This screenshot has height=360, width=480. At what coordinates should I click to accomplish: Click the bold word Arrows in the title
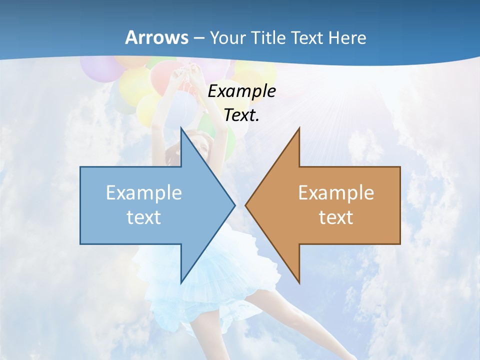tap(157, 37)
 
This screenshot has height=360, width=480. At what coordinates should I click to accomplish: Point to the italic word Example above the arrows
tap(241, 91)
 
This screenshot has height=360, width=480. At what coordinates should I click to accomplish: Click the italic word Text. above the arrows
tap(241, 115)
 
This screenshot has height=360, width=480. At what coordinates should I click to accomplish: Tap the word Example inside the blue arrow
tap(144, 193)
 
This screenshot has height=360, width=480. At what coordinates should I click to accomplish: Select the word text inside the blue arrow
tap(144, 217)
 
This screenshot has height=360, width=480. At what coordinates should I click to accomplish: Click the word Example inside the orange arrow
tap(336, 193)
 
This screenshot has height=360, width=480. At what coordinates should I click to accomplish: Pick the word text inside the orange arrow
tap(336, 217)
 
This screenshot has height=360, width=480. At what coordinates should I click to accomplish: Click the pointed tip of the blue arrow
tap(234, 205)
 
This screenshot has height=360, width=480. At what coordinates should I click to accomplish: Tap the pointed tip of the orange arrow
tap(246, 205)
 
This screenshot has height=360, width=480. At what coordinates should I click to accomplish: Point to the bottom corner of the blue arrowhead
tap(181, 282)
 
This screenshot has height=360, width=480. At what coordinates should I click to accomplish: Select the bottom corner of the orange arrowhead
tap(298, 282)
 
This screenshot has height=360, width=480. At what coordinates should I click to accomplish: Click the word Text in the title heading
tap(306, 37)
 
